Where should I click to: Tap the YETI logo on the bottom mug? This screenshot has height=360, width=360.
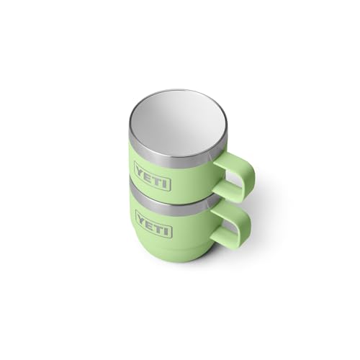pyautogui.click(x=153, y=224)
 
